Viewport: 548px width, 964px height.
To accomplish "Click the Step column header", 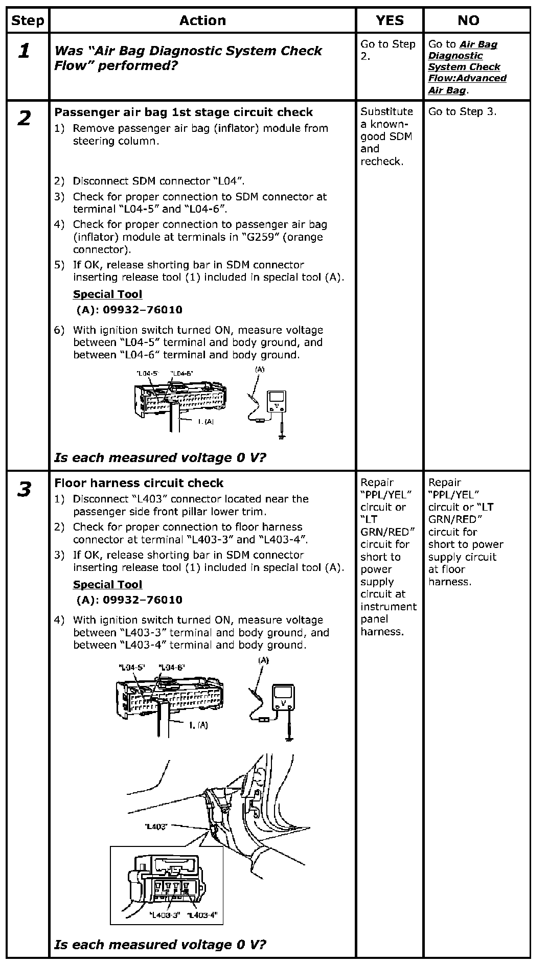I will click(x=27, y=20).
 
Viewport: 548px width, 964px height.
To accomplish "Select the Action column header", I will click(x=202, y=20).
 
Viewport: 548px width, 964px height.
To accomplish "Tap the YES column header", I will click(x=390, y=20).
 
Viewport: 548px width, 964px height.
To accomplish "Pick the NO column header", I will click(x=468, y=20).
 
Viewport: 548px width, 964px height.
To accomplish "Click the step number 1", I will click(x=24, y=51).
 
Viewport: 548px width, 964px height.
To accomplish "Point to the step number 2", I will click(x=24, y=119).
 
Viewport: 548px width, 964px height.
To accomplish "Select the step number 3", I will click(x=24, y=489).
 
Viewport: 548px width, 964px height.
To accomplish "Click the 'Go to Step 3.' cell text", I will click(x=462, y=111).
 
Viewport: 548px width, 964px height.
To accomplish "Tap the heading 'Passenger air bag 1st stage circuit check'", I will click(x=184, y=112).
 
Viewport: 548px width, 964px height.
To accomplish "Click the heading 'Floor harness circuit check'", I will click(x=139, y=483).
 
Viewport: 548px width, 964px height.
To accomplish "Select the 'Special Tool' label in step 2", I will click(x=107, y=294).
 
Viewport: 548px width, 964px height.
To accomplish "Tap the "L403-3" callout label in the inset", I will click(x=165, y=915).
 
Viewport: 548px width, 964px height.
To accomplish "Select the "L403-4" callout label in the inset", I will click(x=202, y=915).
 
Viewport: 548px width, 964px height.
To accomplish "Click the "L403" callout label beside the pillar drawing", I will click(x=156, y=827).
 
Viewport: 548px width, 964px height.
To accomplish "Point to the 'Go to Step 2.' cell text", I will click(x=388, y=50).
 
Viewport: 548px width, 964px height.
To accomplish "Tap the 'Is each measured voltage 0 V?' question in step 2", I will click(x=160, y=457).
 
